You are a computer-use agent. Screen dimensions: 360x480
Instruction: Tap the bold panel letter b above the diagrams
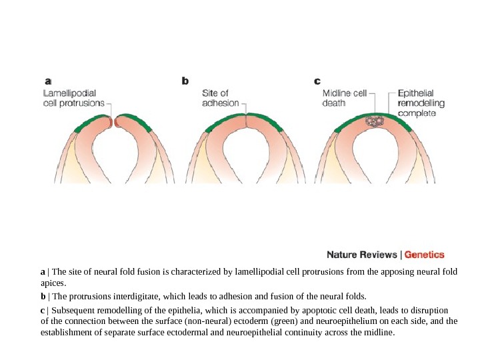pos(185,81)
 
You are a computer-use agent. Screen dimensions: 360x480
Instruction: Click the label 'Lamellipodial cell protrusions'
pos(73,99)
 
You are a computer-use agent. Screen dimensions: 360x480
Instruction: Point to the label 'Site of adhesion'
pos(220,99)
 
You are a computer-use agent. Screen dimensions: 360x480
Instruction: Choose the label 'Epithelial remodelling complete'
pos(421,103)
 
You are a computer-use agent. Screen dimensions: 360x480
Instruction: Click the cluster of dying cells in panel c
pos(376,123)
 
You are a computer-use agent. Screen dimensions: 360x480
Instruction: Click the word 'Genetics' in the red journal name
pos(425,254)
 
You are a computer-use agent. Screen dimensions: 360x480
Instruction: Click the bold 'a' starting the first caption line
pos(43,272)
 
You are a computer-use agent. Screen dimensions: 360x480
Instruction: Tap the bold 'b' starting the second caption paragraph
pos(43,295)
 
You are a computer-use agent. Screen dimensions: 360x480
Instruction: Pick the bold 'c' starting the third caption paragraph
pos(43,310)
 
